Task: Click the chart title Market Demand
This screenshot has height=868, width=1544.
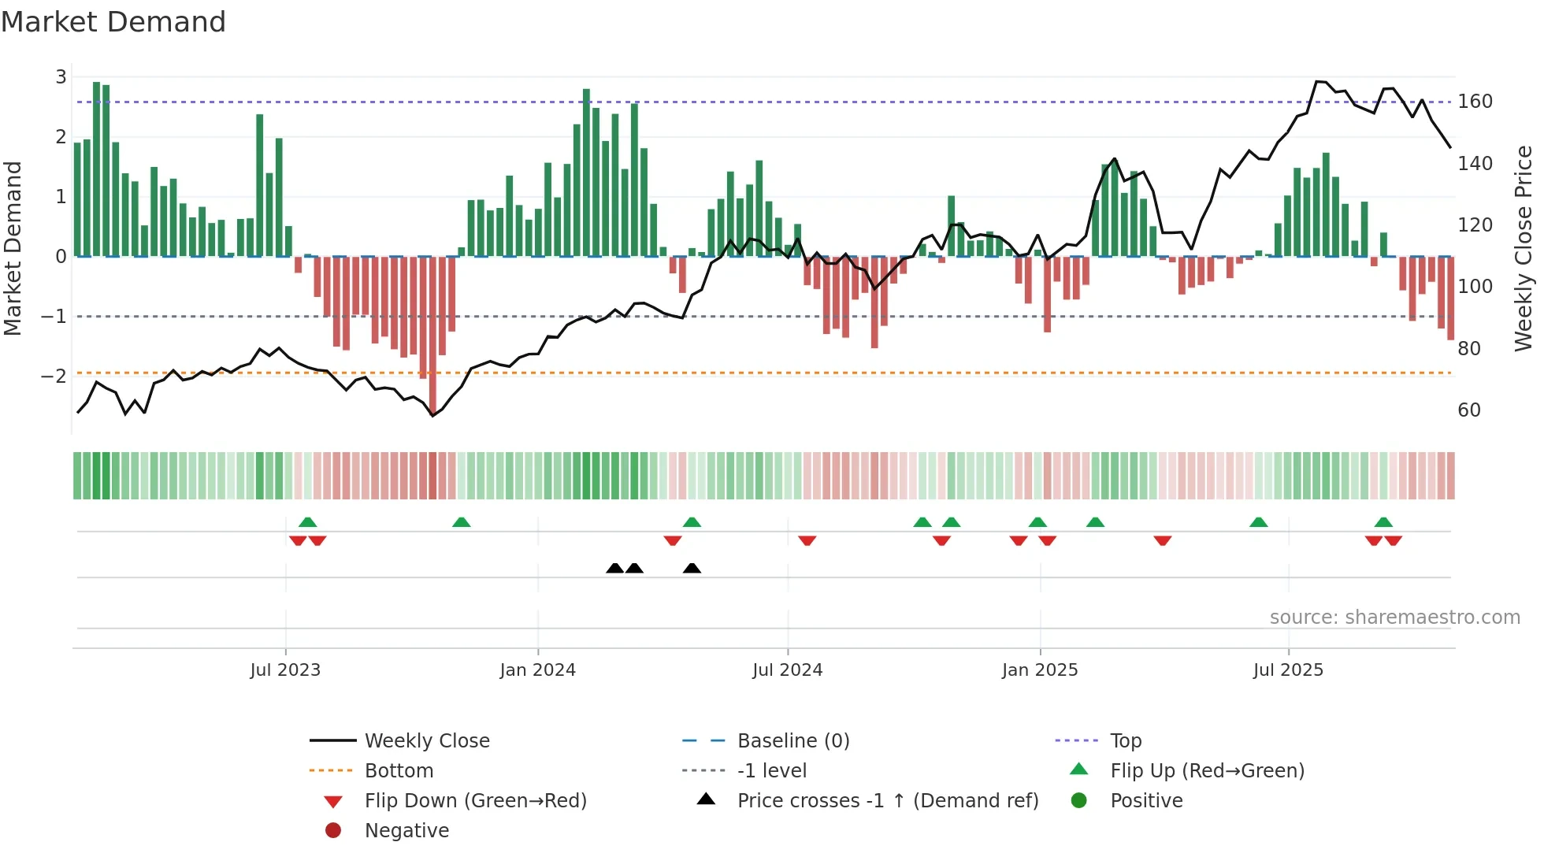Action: point(113,22)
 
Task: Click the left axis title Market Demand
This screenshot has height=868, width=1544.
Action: point(13,248)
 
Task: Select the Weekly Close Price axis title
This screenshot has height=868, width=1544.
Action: point(1524,248)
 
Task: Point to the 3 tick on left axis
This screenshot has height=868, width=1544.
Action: point(61,77)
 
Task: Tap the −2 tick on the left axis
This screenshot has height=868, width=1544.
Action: point(54,376)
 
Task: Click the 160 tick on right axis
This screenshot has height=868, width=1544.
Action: point(1475,102)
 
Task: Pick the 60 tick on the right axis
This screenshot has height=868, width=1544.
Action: point(1468,410)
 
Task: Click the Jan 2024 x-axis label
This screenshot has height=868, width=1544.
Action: point(537,670)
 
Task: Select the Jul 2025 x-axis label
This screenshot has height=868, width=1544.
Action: point(1288,670)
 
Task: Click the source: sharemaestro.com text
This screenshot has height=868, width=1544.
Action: point(1394,618)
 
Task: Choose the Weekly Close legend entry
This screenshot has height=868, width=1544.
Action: point(426,741)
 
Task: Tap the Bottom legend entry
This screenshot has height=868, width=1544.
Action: point(399,771)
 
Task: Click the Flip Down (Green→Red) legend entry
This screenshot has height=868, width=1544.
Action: point(475,801)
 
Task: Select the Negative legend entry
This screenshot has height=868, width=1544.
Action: point(406,831)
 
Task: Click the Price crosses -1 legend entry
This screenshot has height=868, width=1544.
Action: point(887,801)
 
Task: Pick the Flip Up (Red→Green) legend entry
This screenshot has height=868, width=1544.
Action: point(1207,771)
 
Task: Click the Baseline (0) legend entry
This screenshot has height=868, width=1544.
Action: point(792,741)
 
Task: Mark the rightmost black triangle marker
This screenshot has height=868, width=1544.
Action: point(692,569)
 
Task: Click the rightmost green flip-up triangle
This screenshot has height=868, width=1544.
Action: point(1383,522)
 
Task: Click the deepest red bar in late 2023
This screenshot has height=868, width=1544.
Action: point(432,335)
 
